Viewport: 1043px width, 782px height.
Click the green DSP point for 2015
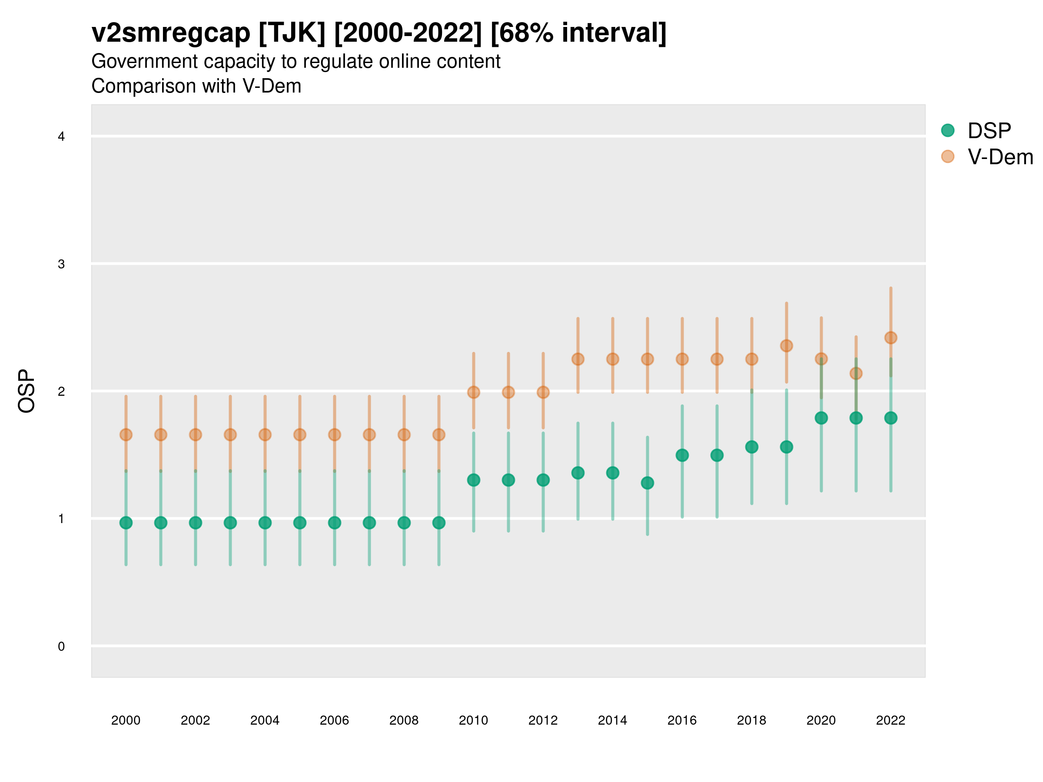[648, 483]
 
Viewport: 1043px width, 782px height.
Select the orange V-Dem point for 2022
[891, 338]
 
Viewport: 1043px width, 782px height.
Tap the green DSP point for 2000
[126, 523]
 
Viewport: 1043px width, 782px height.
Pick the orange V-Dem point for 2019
[787, 345]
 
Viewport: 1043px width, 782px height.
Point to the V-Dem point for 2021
[856, 373]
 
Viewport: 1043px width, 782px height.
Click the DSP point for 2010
[473, 480]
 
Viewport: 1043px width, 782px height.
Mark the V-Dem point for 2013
[578, 359]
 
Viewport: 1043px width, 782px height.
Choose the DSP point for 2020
[821, 418]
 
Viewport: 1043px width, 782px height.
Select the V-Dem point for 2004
[265, 434]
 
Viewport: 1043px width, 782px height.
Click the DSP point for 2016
[682, 455]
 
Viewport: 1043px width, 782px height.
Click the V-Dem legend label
[1000, 157]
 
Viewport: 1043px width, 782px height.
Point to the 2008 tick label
[404, 720]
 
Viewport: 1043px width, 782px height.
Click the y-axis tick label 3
[61, 264]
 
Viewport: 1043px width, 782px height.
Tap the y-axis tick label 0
[61, 646]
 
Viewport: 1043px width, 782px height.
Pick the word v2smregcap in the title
[171, 33]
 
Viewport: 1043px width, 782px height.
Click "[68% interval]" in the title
[578, 33]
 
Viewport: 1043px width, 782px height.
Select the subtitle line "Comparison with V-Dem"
[196, 86]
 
